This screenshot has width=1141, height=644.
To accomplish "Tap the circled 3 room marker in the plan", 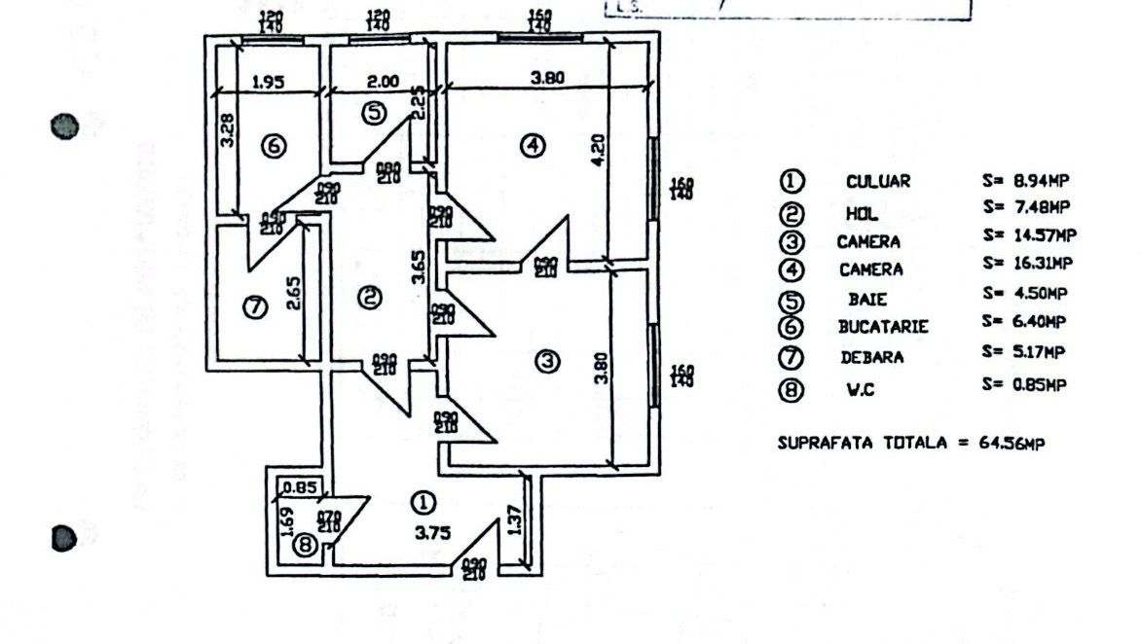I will coord(549,361).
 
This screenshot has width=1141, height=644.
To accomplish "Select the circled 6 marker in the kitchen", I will coord(274,146).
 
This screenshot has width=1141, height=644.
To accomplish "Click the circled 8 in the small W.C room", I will coord(306,546).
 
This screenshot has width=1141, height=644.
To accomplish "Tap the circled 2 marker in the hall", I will coord(370,298).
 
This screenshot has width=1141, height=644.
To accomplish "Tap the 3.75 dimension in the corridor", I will coord(424,532).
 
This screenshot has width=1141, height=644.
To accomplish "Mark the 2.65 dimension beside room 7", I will coord(293,295).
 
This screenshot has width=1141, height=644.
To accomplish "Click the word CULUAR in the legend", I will coord(878,182).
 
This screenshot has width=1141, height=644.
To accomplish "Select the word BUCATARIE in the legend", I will coord(883,328).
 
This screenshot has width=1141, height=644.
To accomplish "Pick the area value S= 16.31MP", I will coord(1027,264).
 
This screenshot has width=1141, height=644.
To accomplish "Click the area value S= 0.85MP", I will coord(1024,384).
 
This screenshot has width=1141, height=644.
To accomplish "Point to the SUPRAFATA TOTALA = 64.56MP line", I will coord(912,443).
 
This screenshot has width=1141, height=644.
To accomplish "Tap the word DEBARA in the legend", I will coord(872,357).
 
